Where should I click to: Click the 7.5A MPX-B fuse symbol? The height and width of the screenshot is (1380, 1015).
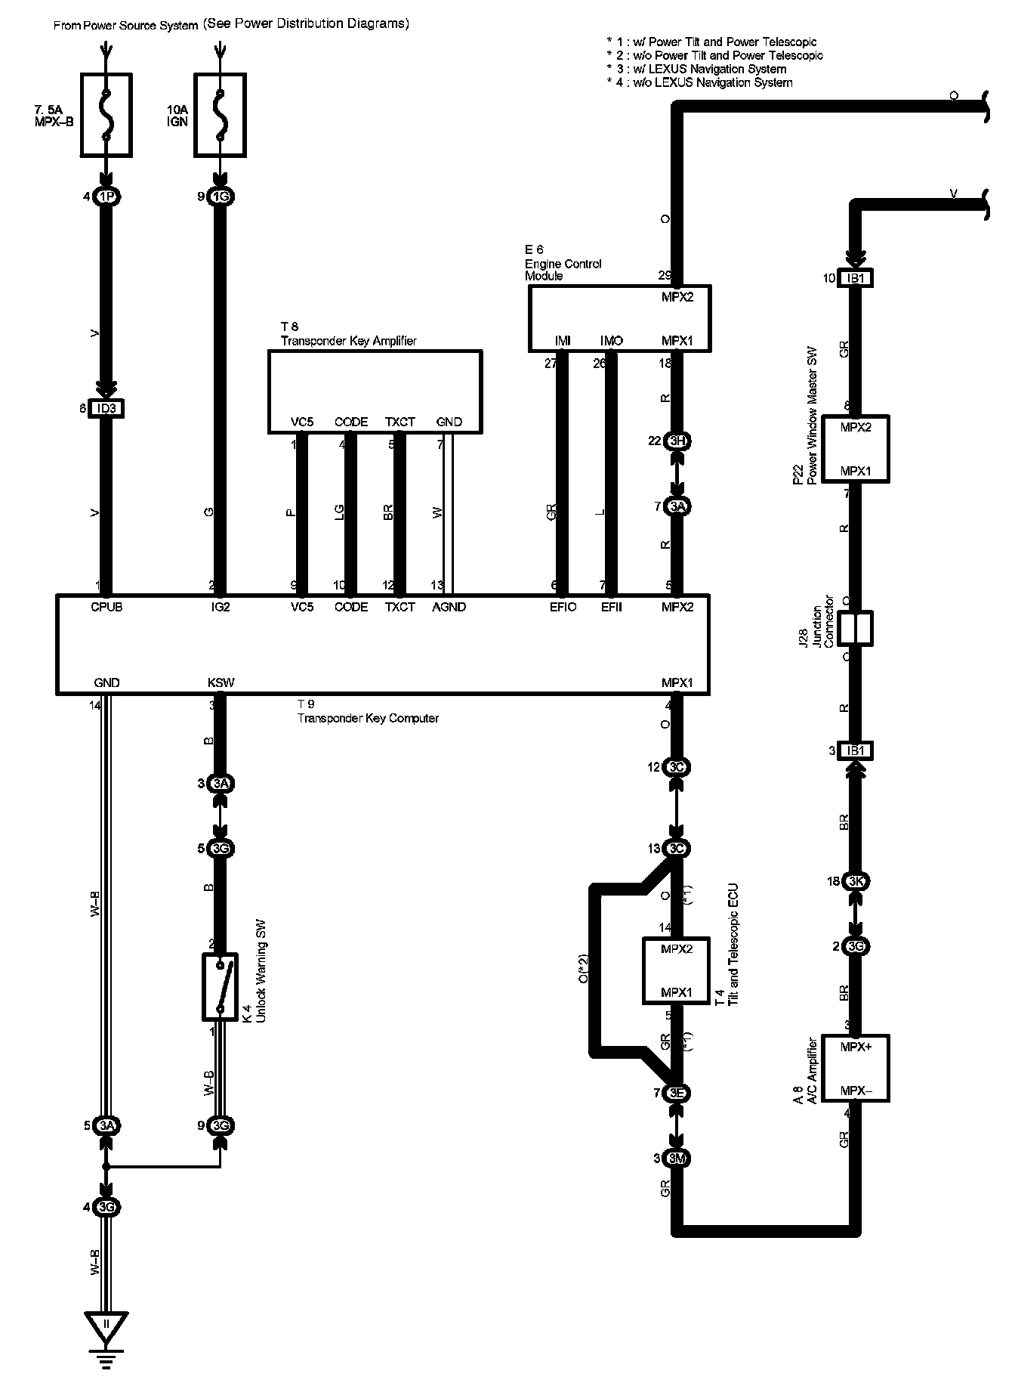[106, 115]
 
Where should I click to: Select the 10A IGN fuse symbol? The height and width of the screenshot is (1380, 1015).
[220, 115]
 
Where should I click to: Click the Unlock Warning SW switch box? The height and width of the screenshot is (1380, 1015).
[220, 986]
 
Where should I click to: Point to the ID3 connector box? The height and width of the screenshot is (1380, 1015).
[106, 409]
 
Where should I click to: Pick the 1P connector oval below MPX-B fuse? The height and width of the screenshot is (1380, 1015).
[106, 197]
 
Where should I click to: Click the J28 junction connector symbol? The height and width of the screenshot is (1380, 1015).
[855, 629]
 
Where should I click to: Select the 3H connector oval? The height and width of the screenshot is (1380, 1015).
[677, 441]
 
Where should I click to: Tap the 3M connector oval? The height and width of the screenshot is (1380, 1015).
[677, 1159]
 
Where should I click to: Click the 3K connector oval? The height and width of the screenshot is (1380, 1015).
[855, 881]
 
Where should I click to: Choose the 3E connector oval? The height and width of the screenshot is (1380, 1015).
[677, 1093]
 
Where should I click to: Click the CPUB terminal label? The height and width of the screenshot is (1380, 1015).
[106, 607]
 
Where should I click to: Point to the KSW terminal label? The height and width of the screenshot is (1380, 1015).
[221, 682]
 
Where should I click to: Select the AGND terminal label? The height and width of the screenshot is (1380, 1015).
[449, 607]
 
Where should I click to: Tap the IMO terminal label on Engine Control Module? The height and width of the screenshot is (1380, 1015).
[611, 341]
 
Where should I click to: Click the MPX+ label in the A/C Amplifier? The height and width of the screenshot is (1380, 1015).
[856, 1047]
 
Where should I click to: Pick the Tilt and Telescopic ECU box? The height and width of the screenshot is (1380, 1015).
[677, 970]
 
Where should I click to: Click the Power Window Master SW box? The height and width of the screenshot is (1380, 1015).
[855, 449]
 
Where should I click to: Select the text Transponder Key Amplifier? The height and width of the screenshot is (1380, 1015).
[348, 341]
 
